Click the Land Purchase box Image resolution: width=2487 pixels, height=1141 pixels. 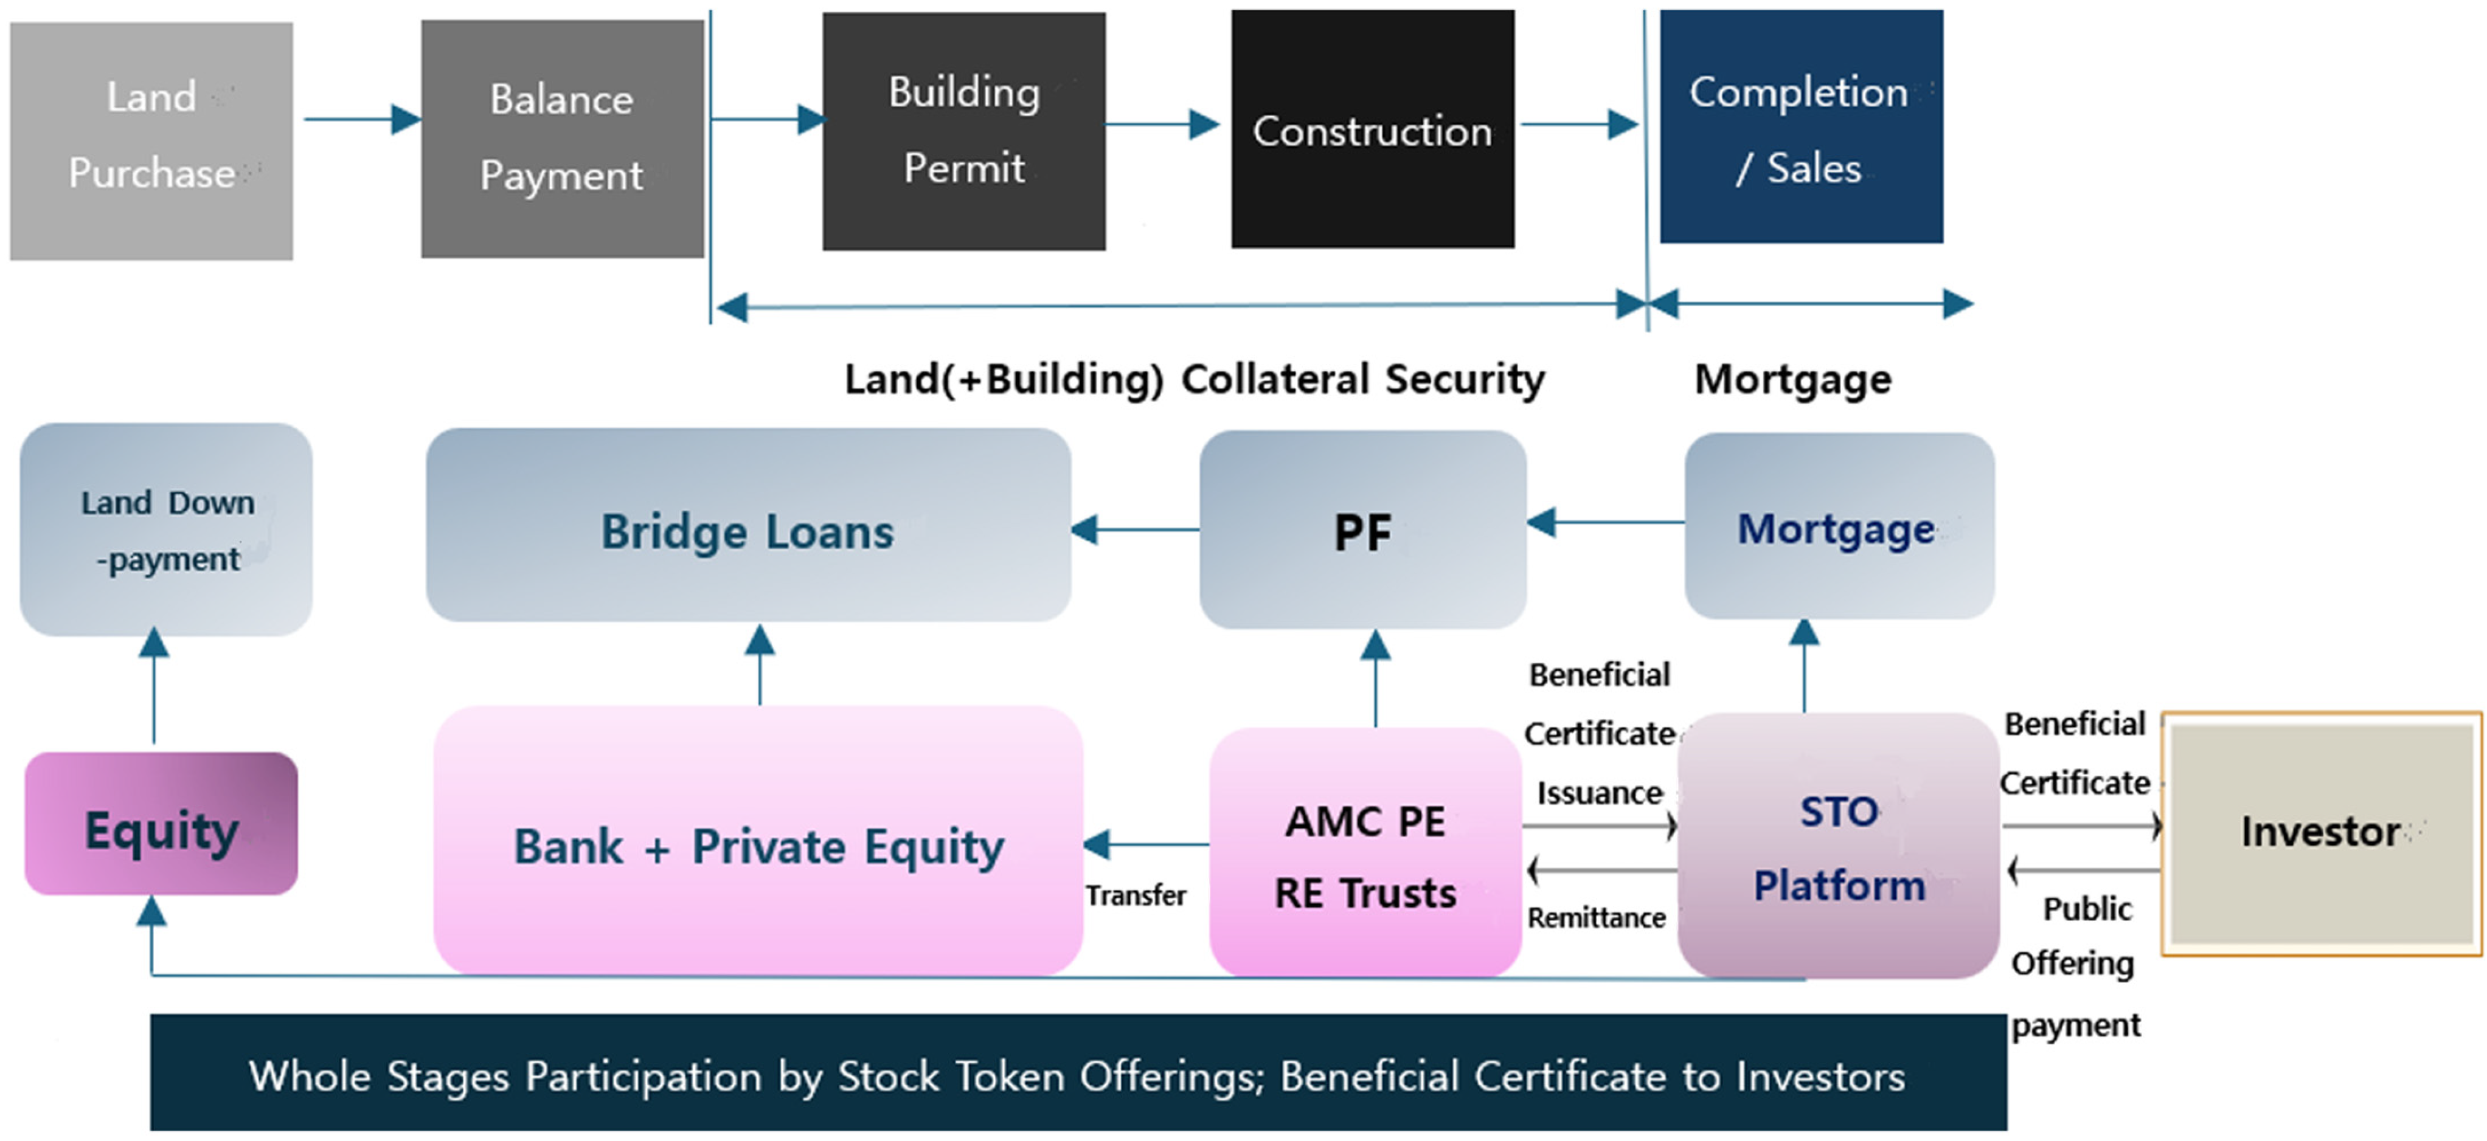151,141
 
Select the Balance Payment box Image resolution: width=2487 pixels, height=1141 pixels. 562,139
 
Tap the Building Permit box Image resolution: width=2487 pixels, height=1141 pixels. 963,131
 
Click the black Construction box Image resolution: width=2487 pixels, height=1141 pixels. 1372,129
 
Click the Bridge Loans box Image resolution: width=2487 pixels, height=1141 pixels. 748,526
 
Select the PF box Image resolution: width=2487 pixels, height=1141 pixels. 1362,530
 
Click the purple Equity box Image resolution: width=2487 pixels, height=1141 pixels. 161,824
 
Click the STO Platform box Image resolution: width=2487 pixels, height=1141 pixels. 1838,846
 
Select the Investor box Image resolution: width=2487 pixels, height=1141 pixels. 2321,833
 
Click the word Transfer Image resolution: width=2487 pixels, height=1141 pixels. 1136,896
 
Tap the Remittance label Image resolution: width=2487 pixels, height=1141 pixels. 1596,917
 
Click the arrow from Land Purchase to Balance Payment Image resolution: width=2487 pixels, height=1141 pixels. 361,120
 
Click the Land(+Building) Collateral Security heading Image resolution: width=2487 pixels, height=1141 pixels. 1195,379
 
